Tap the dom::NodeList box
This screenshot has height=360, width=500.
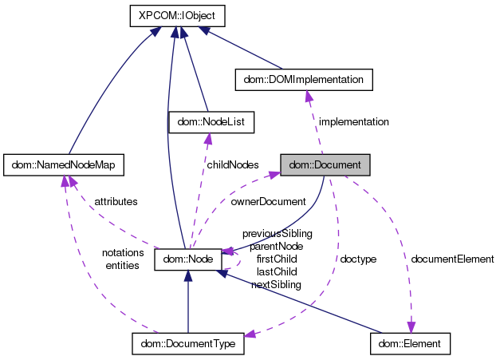pyautogui.click(x=211, y=122)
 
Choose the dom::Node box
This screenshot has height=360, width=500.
pyautogui.click(x=187, y=259)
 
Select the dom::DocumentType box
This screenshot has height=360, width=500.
pyautogui.click(x=187, y=344)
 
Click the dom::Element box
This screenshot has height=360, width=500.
pyautogui.click(x=411, y=344)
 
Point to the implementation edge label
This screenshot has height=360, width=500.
pyautogui.click(x=353, y=122)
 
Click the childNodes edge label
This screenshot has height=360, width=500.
pyautogui.click(x=233, y=164)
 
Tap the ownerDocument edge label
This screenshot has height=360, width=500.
pyautogui.click(x=268, y=202)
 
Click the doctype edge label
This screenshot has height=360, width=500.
pyautogui.click(x=358, y=259)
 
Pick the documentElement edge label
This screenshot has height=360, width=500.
pyautogui.click(x=452, y=259)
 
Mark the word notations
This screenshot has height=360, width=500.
pyautogui.click(x=122, y=253)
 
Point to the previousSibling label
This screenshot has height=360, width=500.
pyautogui.click(x=277, y=233)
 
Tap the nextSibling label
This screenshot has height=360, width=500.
pyautogui.click(x=276, y=284)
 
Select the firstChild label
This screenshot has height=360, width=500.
pyautogui.click(x=277, y=259)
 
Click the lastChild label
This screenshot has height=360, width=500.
pyautogui.click(x=277, y=271)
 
